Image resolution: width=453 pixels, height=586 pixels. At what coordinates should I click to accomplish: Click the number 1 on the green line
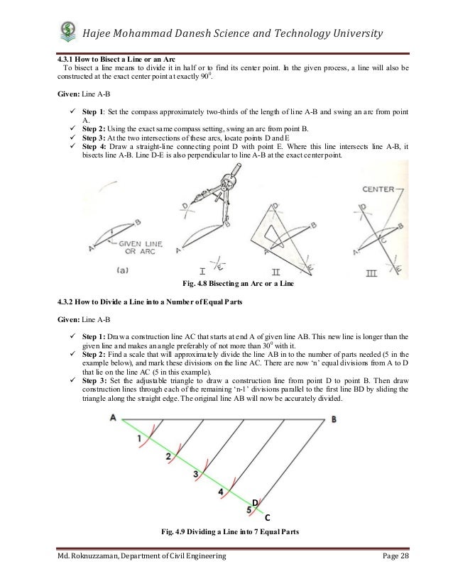pos(139,438)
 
